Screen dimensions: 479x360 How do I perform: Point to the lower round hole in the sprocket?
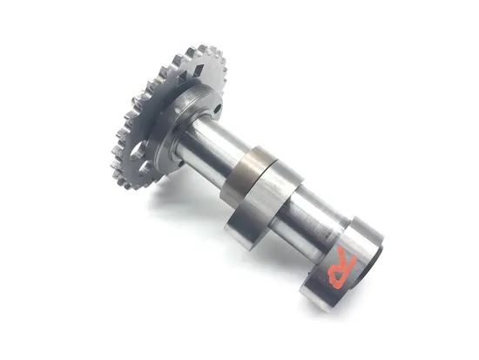coord(144,168)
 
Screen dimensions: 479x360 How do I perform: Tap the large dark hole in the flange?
coord(218,108)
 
